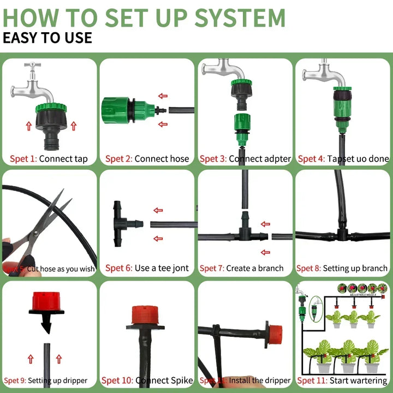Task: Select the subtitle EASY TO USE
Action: pyautogui.click(x=47, y=39)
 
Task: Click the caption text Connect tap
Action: pyautogui.click(x=63, y=159)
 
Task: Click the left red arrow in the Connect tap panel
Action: pyautogui.click(x=28, y=126)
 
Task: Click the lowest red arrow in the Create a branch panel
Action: pyautogui.click(x=266, y=252)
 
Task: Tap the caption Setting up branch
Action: pyautogui.click(x=355, y=268)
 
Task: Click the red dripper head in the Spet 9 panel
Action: pyautogui.click(x=46, y=301)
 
